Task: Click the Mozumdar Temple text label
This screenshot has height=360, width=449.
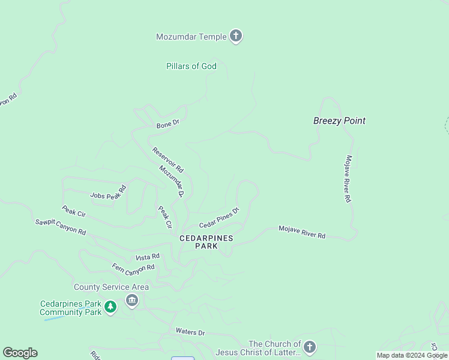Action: click(191, 37)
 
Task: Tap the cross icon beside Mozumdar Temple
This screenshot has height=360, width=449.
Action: click(236, 37)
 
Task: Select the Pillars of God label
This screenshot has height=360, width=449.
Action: click(191, 66)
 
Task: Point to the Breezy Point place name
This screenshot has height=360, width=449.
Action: click(339, 121)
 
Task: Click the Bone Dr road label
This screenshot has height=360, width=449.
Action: click(167, 125)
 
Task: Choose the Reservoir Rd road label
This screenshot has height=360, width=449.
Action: click(167, 160)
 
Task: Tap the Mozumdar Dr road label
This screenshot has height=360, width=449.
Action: click(172, 182)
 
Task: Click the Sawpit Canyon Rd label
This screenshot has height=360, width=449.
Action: click(60, 227)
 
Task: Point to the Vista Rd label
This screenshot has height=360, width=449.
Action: click(148, 257)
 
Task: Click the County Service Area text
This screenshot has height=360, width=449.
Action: click(111, 287)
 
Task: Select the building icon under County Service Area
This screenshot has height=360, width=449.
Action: click(132, 300)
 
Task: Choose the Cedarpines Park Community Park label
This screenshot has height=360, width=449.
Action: click(70, 308)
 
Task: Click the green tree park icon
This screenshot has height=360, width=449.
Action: click(110, 308)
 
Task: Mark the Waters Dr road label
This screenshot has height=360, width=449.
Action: click(190, 332)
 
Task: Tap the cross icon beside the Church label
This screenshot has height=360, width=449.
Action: click(309, 347)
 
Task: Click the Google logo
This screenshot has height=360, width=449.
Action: click(20, 353)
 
